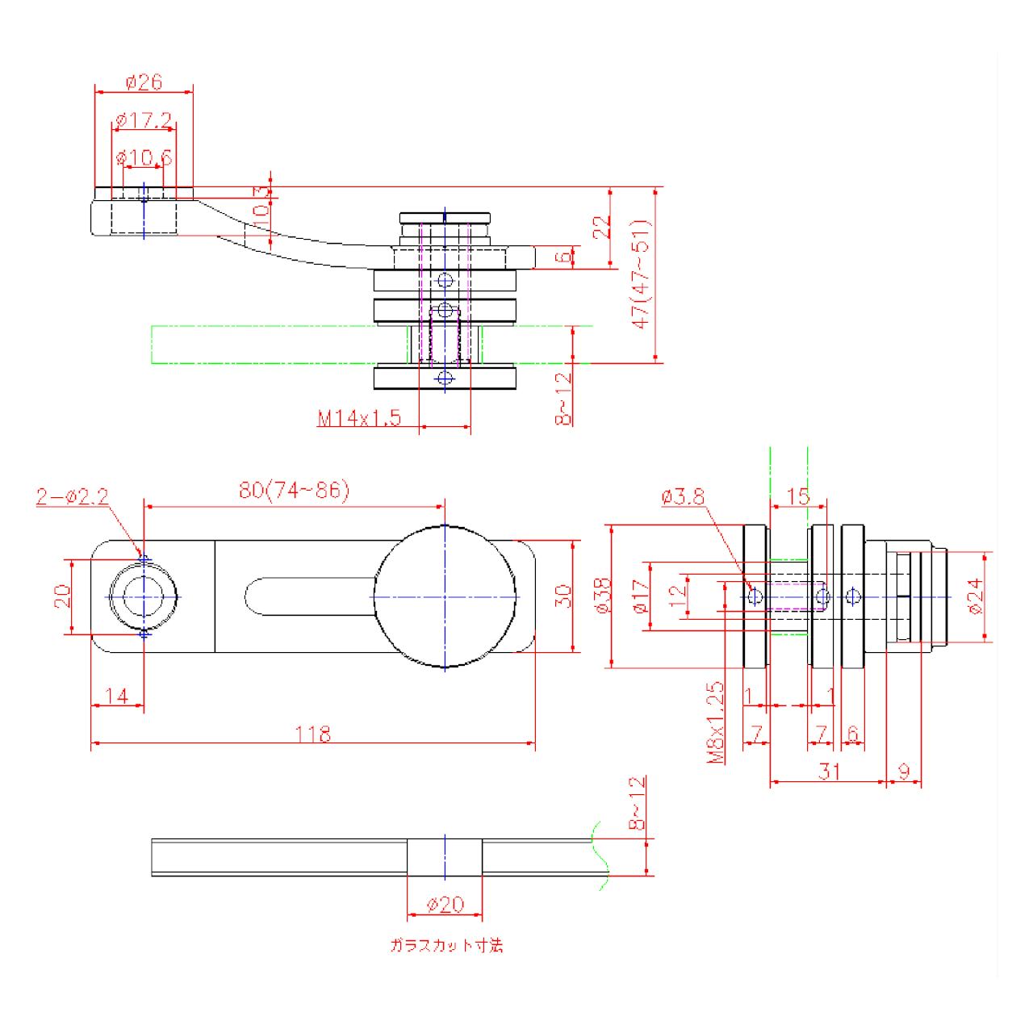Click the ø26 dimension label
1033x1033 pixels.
coord(144,82)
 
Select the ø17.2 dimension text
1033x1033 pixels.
coord(144,120)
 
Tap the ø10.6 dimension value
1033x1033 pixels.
coord(144,157)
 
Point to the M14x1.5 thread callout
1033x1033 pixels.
coord(358,418)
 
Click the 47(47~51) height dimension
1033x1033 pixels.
coord(642,274)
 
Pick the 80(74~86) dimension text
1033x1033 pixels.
coord(294,490)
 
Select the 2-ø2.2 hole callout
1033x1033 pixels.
coord(72,496)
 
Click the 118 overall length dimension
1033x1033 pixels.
coord(313,734)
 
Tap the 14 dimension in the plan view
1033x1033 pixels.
coord(117,696)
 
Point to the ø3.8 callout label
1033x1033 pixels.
coord(682,496)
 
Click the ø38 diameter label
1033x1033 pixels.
coord(602,596)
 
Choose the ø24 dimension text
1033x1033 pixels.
coord(976,596)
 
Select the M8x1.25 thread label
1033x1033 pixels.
coord(715,723)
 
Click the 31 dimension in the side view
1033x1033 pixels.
coord(830,772)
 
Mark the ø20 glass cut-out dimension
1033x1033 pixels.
coord(445,905)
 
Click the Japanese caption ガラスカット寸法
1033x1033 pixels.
coord(446,945)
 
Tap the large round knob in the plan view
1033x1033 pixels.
coord(445,596)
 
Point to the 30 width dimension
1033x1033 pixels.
coord(564,596)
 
